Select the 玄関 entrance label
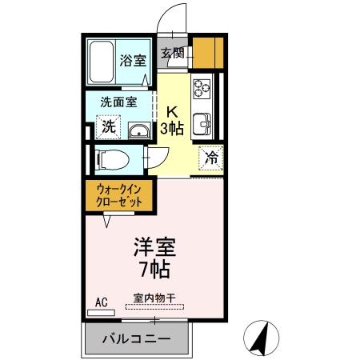[x=172, y=54]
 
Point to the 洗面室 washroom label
[x=118, y=102]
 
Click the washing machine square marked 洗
[x=107, y=126]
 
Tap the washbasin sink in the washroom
[x=137, y=130]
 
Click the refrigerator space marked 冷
[x=211, y=157]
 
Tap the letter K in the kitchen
[x=172, y=111]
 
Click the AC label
[x=101, y=302]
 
